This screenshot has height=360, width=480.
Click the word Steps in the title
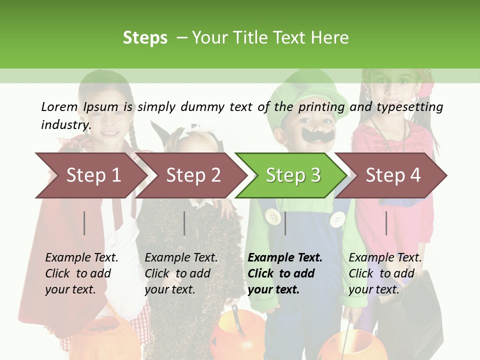pyautogui.click(x=145, y=38)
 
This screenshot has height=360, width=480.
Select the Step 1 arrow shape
pyautogui.click(x=90, y=175)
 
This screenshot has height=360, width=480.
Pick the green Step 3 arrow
pyautogui.click(x=292, y=175)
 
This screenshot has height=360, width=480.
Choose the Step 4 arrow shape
pyautogui.click(x=392, y=175)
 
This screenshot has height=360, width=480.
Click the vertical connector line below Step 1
pyautogui.click(x=84, y=223)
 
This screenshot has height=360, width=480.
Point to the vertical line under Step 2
pyautogui.click(x=184, y=223)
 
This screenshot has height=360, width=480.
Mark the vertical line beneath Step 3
pyautogui.click(x=285, y=223)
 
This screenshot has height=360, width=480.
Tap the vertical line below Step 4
pyautogui.click(x=386, y=223)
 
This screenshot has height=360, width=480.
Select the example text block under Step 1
pyautogui.click(x=81, y=273)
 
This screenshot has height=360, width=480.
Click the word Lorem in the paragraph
pyautogui.click(x=59, y=107)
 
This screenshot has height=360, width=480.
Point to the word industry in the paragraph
pyautogui.click(x=65, y=125)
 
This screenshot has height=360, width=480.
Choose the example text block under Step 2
pyautogui.click(x=180, y=273)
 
